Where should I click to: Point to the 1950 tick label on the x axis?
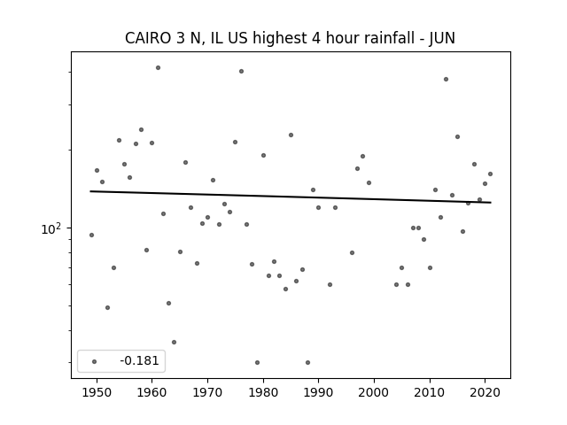[x=97, y=392]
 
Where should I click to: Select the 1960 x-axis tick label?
[x=152, y=392]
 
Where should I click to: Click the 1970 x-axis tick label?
[x=207, y=392]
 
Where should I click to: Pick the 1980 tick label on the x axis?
[x=263, y=392]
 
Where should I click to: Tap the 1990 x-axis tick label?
[x=318, y=392]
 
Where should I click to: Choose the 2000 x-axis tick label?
[x=374, y=392]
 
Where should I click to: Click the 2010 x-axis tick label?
[x=430, y=392]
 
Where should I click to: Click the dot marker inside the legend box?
[x=94, y=361]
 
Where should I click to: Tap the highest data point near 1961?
[x=158, y=67]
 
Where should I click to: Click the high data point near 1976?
[x=241, y=71]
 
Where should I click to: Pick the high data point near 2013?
[x=446, y=79]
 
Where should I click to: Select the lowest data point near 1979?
[x=257, y=362]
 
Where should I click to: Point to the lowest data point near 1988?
[x=307, y=362]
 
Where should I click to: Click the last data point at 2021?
[x=490, y=174]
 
